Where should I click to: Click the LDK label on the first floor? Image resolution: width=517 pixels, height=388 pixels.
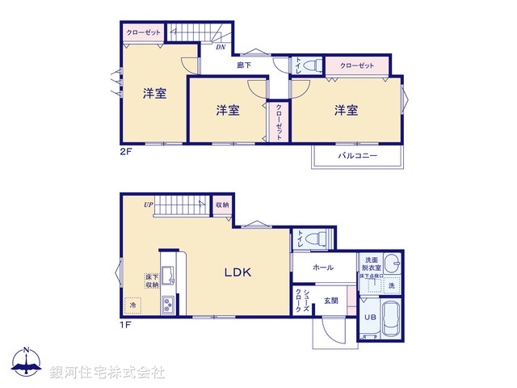click(x=237, y=273)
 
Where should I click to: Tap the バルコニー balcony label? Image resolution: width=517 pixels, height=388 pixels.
click(x=358, y=155)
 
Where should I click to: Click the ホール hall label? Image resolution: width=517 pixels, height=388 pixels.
click(x=323, y=267)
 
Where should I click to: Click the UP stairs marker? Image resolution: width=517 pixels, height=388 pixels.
click(x=149, y=205)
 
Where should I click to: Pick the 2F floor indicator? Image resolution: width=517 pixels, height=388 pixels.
click(x=126, y=150)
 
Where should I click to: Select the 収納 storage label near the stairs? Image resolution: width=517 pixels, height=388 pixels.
click(x=222, y=205)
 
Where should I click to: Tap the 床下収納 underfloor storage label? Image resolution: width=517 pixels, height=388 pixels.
click(x=152, y=281)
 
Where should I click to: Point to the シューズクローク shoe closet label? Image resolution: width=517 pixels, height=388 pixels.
click(x=298, y=301)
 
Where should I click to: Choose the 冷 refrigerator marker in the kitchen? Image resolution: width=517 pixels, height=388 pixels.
click(x=132, y=306)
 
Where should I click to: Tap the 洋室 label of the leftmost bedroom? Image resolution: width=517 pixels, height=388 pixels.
click(x=155, y=93)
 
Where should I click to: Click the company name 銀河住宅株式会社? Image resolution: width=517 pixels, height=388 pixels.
click(x=107, y=373)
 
